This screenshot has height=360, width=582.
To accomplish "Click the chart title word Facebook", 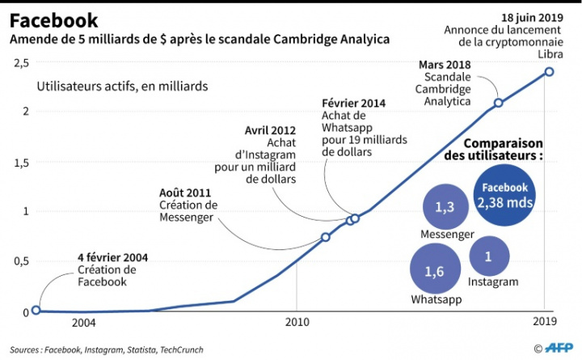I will point(54,20).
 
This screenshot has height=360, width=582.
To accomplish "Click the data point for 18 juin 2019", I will point(549,71).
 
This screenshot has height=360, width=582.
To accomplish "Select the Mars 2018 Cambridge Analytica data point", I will point(499,103).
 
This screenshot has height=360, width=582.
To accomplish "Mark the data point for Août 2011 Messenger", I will point(326,237).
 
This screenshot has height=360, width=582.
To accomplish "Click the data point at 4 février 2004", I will point(36,311).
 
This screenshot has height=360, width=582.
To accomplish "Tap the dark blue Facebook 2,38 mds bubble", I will point(505,194).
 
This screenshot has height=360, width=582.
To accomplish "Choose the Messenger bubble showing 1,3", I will point(444,207).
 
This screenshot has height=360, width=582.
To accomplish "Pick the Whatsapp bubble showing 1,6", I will point(434,271).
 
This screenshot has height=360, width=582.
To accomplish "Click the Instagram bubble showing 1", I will point(488,256).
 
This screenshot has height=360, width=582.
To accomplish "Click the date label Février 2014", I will point(352,104).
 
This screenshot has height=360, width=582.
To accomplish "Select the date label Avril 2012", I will point(270,129).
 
